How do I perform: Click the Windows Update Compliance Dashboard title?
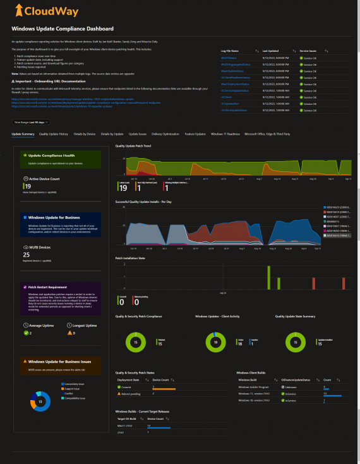point(63,29)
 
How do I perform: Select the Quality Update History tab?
point(53,134)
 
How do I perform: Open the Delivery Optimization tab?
point(165,134)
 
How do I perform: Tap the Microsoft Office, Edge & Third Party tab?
point(268,134)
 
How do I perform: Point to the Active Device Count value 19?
point(28,186)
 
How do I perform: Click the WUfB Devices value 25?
point(27,254)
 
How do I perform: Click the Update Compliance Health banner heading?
point(52,156)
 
